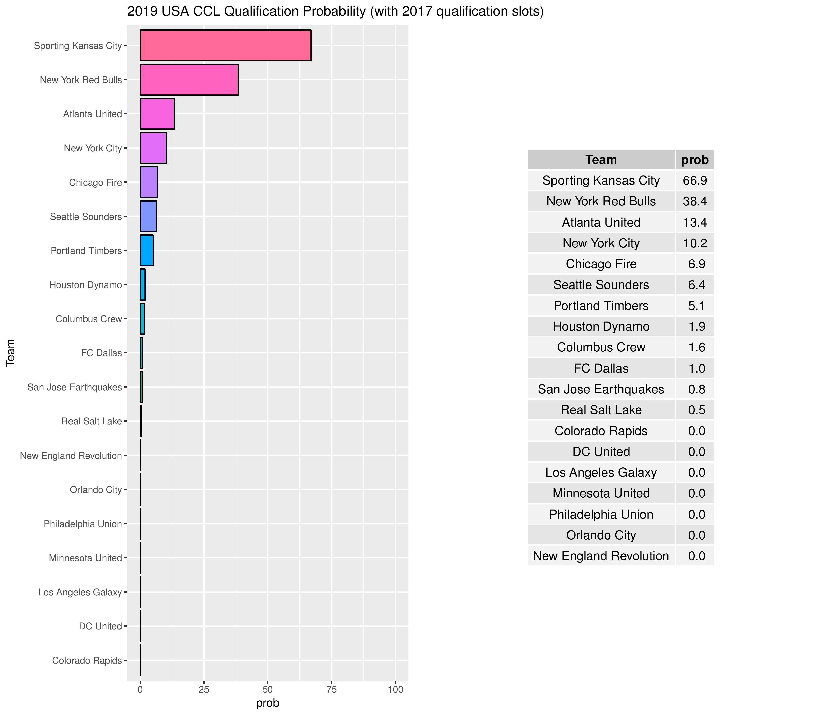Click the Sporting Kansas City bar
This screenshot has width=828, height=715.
tap(225, 46)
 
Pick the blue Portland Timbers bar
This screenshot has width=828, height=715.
tap(146, 251)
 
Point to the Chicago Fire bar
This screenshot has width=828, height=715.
tap(149, 182)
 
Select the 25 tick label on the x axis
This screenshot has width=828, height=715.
tap(204, 689)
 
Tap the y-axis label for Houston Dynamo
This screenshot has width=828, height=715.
tap(86, 285)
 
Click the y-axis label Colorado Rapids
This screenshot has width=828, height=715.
tap(87, 661)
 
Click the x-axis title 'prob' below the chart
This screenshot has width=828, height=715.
tap(268, 703)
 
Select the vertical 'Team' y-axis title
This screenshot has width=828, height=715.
tap(10, 352)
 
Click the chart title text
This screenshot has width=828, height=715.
tap(335, 12)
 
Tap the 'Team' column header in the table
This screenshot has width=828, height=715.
tap(601, 160)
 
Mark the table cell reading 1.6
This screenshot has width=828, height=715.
tap(696, 347)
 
